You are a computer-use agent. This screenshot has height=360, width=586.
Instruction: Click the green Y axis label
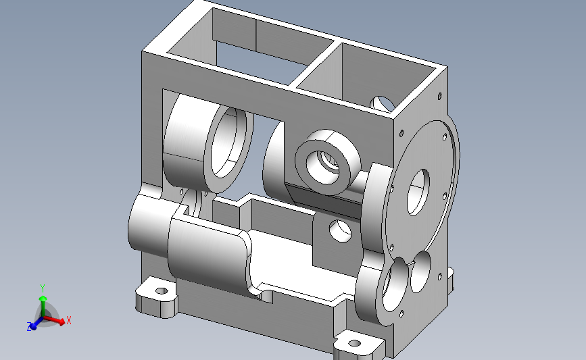click(x=43, y=288)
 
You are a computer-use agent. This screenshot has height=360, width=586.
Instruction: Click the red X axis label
click(x=68, y=320)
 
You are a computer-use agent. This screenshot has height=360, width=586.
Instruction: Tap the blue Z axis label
click(x=29, y=326)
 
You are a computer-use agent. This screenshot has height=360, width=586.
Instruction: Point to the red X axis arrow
click(x=54, y=320)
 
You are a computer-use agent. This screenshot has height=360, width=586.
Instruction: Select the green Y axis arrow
click(x=43, y=306)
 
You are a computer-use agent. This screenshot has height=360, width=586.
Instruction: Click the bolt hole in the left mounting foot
click(x=162, y=290)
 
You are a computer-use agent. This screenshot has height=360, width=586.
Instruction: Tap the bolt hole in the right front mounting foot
click(x=354, y=343)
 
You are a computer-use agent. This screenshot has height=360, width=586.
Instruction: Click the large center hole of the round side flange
click(x=418, y=192)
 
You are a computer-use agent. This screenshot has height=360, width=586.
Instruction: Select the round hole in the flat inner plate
click(x=340, y=230)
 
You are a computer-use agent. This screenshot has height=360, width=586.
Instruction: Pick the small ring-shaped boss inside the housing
click(x=328, y=162)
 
